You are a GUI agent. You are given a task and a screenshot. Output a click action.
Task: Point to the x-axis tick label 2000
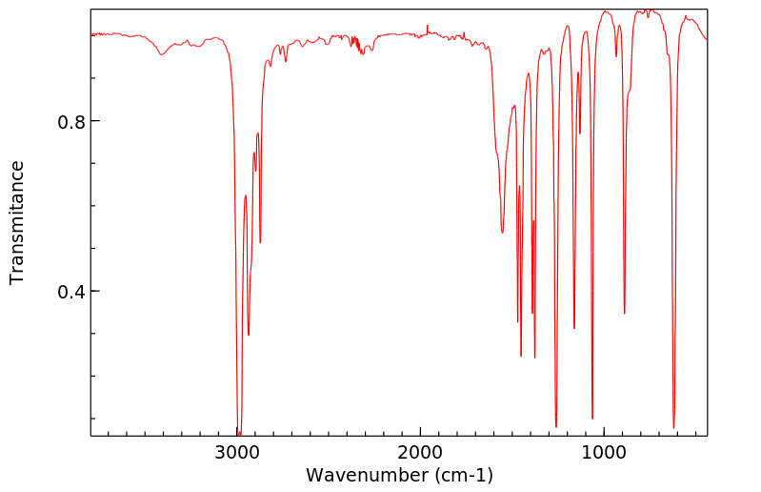[x=421, y=452]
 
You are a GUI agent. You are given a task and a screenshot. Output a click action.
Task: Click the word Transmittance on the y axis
[x=17, y=222]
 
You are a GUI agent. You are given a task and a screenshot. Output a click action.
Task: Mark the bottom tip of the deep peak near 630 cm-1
[x=673, y=428]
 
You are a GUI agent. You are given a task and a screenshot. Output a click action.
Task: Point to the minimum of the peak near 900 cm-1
[x=625, y=313]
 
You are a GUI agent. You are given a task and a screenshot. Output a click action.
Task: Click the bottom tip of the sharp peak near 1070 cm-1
[x=592, y=419]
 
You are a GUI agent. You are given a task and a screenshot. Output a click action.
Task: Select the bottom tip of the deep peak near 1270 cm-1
[x=556, y=426]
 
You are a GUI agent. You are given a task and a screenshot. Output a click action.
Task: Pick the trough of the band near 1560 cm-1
[x=503, y=232]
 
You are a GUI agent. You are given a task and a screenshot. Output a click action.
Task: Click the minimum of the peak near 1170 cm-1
[x=574, y=328]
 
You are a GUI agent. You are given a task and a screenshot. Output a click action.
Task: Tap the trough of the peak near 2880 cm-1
[x=260, y=242]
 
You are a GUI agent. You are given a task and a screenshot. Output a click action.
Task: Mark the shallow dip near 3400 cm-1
[x=162, y=54]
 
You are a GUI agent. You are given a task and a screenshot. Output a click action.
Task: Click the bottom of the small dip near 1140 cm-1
[x=580, y=133]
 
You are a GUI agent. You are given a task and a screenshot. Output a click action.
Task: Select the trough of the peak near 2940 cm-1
[x=249, y=335]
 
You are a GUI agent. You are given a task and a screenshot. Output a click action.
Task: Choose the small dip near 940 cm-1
[x=616, y=55]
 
